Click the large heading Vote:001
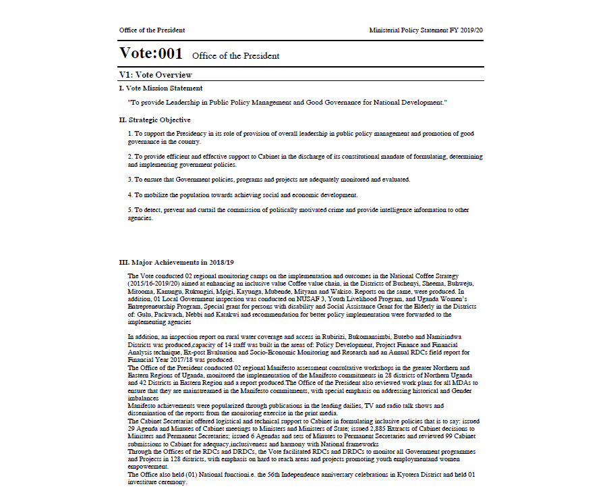pyautogui.click(x=150, y=53)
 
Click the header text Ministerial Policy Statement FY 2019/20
pyautogui.click(x=426, y=30)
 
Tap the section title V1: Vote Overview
pyautogui.click(x=155, y=75)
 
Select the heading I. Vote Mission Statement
pyautogui.click(x=161, y=88)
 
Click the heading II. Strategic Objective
pyautogui.click(x=154, y=120)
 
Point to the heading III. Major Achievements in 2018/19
pyautogui.click(x=176, y=262)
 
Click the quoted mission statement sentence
pyautogui.click(x=287, y=102)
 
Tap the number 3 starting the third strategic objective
pyautogui.click(x=130, y=180)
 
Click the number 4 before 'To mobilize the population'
pyautogui.click(x=130, y=195)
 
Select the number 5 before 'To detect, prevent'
pyautogui.click(x=130, y=210)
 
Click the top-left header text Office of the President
pyautogui.click(x=152, y=30)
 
